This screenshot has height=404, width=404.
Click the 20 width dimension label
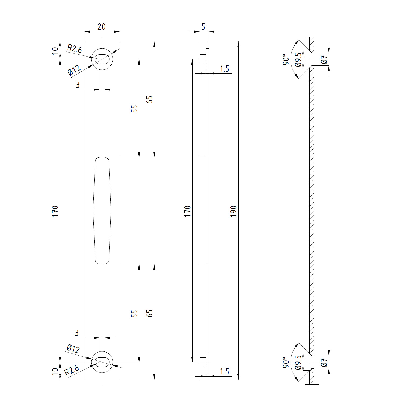click(x=101, y=27)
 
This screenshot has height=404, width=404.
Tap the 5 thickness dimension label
click(x=203, y=27)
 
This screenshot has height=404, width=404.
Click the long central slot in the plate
click(x=102, y=211)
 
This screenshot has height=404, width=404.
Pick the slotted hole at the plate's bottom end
click(x=102, y=362)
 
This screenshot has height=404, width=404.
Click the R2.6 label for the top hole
click(x=74, y=49)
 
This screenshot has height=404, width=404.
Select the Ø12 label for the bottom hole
click(x=73, y=349)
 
